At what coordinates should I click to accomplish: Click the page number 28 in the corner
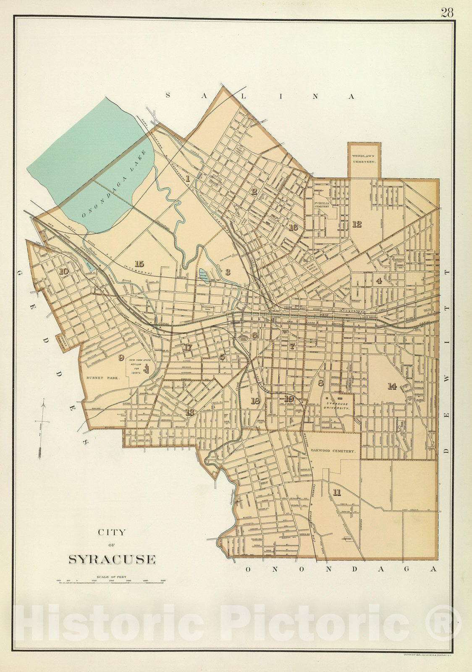pos(447,13)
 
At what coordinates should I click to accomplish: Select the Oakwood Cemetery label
pos(333,451)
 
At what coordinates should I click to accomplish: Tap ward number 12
pos(357,224)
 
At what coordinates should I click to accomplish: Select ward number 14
pos(392,386)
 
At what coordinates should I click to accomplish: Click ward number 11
pos(336,492)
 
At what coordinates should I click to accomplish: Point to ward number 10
pos(63,271)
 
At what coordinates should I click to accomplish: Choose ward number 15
pos(139,264)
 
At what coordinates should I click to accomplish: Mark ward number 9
pos(121,357)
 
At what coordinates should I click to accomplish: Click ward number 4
pos(379,281)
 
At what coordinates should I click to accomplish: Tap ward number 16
pos(293,228)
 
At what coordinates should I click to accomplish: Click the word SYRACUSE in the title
pos(112,559)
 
